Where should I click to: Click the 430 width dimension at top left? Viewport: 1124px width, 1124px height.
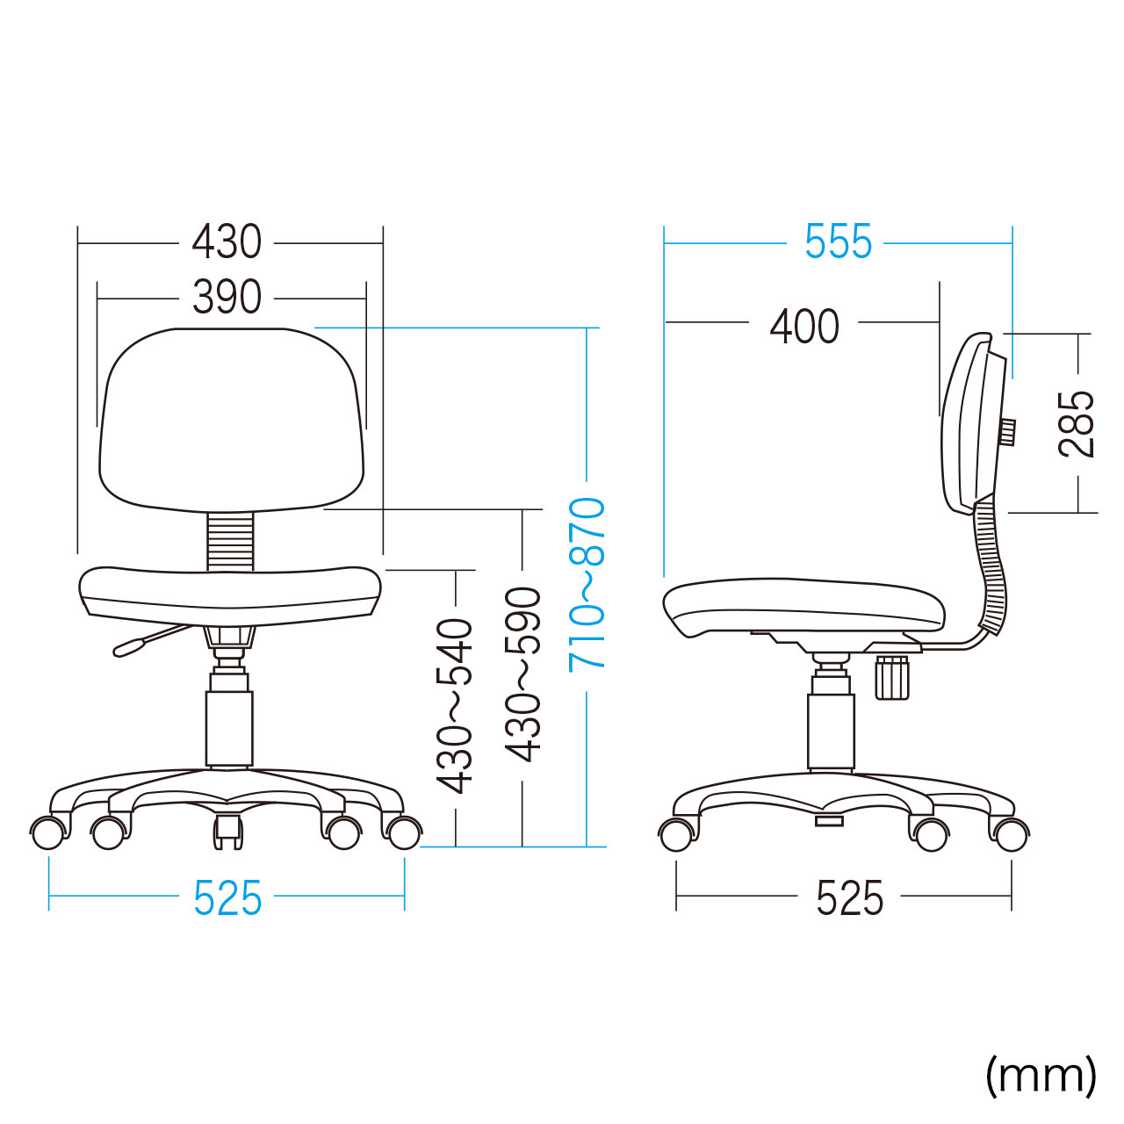click(227, 242)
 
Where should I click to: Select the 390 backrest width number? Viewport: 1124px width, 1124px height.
click(227, 297)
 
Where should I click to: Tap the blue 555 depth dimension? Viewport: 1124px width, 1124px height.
click(838, 241)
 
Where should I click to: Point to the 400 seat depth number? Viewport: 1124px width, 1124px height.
click(803, 326)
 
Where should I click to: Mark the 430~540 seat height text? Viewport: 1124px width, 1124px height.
click(455, 706)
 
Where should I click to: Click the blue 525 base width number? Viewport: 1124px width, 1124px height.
click(227, 899)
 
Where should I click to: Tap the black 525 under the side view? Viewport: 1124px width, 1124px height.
click(849, 899)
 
